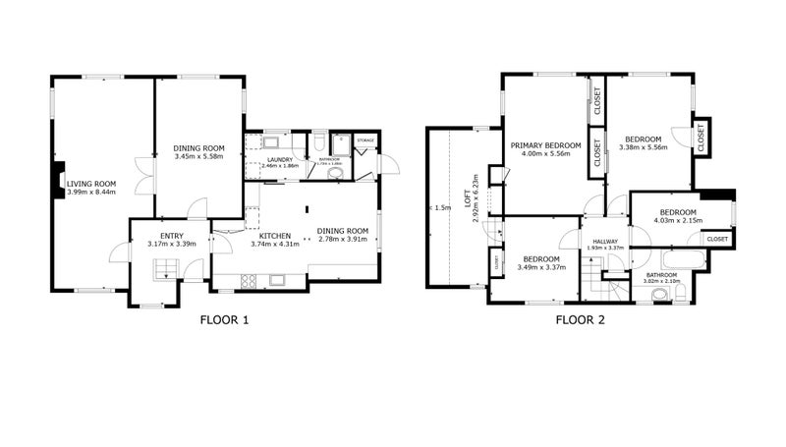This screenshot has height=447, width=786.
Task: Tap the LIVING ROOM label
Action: point(91,183)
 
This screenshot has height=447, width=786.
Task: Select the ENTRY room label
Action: point(172,235)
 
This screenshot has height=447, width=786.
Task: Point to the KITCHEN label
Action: point(274,237)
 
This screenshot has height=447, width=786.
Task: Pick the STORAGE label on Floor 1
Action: point(366,141)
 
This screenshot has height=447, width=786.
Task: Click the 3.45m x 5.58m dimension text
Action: point(199,156)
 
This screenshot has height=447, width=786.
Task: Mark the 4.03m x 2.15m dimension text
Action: point(678,221)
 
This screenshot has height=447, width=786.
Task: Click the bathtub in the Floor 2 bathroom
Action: point(684,260)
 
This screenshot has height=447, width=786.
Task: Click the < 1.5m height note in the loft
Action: point(440,207)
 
